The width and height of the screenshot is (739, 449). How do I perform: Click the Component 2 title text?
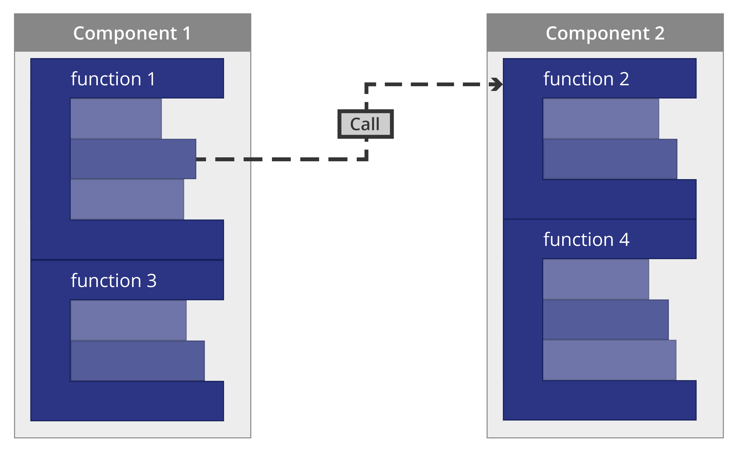605,33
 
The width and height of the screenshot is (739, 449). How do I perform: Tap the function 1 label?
113,79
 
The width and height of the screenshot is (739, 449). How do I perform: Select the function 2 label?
586,79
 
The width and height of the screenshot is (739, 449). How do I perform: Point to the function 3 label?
113,281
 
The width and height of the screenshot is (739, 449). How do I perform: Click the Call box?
365,124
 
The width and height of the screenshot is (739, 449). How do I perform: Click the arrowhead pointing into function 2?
497,84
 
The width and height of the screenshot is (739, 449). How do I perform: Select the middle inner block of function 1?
133,159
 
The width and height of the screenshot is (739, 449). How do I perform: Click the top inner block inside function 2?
601,119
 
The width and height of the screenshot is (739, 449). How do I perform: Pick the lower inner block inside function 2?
610,159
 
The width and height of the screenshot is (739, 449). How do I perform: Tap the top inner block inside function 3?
128,320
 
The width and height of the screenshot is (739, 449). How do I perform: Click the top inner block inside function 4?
596,279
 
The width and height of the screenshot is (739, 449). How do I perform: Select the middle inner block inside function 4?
605,319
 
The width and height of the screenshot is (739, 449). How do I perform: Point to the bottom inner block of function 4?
609,360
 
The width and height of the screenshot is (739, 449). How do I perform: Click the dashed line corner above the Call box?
366,84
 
